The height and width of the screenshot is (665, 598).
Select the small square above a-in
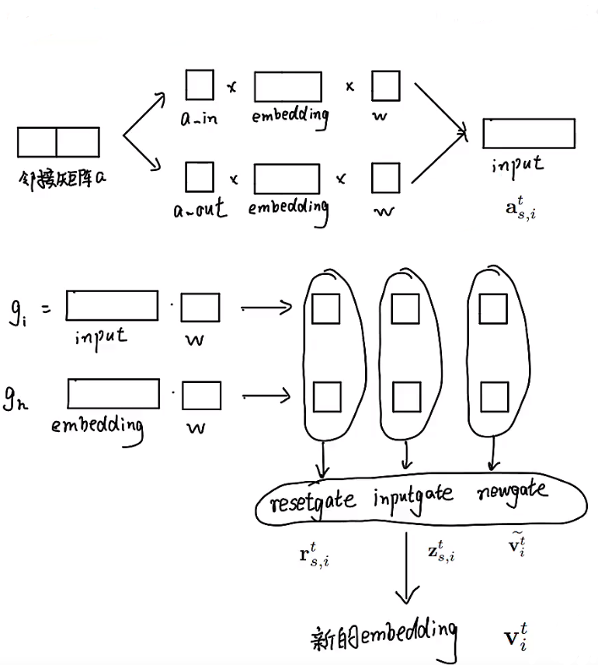tap(200, 85)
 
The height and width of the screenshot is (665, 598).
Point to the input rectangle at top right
tap(529, 133)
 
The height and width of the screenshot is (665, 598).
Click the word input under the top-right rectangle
tap(517, 165)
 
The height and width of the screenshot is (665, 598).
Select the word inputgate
tap(413, 496)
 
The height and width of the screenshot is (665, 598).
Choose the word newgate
tap(512, 490)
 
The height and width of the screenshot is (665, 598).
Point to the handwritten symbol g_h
tap(17, 401)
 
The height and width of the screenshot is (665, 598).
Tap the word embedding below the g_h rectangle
tap(98, 427)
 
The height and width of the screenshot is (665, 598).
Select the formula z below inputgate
tap(440, 552)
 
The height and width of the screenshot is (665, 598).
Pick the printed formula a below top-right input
tap(520, 207)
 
